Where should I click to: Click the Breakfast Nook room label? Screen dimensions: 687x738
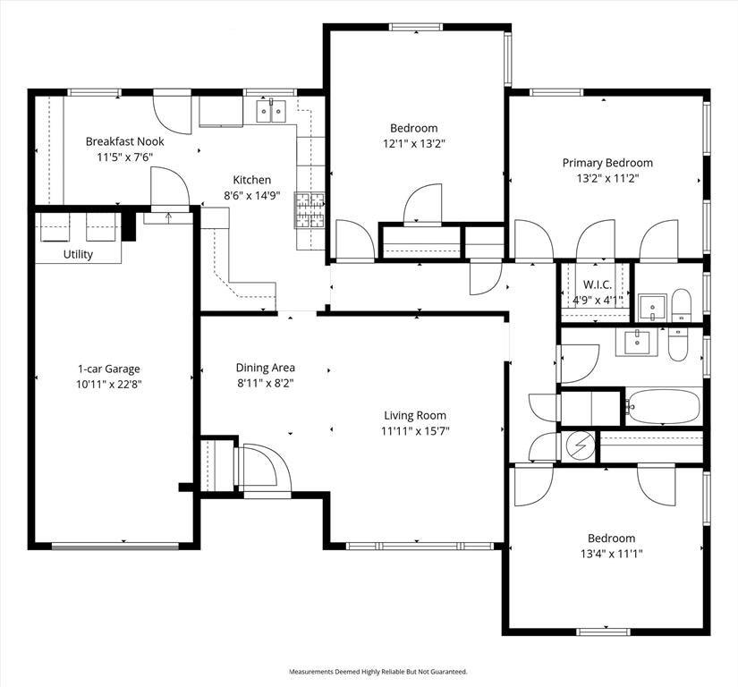tap(124, 141)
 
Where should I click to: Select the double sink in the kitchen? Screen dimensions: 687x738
tap(270, 112)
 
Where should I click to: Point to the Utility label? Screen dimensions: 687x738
tap(78, 255)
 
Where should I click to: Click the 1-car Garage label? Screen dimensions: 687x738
tap(108, 369)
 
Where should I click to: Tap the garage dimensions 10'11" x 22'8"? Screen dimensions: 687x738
tap(108, 384)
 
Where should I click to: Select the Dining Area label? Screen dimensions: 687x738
tap(265, 368)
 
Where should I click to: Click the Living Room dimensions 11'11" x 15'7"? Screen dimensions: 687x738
tap(415, 430)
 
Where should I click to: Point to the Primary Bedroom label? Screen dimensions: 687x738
tap(607, 163)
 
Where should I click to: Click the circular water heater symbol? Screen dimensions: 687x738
tap(581, 444)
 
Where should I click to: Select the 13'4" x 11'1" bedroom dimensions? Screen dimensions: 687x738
tap(611, 553)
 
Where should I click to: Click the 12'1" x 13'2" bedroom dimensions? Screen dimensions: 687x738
tap(413, 142)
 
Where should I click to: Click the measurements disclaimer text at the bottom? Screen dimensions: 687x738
tap(377, 671)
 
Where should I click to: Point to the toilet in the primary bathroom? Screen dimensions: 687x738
tap(682, 304)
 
